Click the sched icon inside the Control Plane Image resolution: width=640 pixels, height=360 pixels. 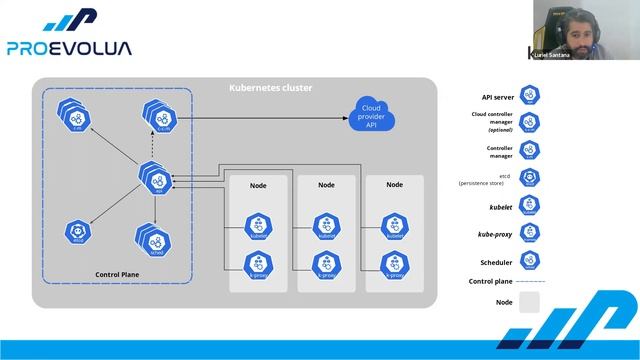point(155,240)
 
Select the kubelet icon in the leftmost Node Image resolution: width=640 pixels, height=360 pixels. point(259,227)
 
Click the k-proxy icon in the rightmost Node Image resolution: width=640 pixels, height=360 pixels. point(394,264)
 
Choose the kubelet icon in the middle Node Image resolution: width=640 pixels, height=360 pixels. point(326,227)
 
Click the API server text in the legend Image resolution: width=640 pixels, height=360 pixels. point(497,97)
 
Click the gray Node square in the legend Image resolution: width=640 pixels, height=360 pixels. point(530,302)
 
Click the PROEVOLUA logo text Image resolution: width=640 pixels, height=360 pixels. point(68,47)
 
